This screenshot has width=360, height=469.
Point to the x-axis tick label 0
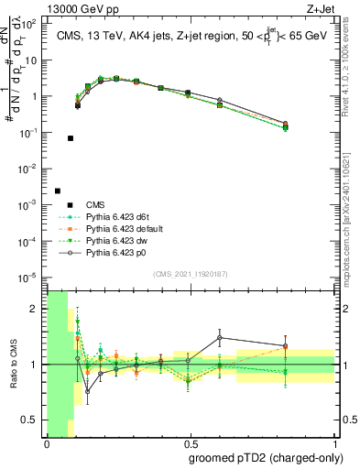(x=47, y=442)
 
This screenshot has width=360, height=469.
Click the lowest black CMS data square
(x=58, y=191)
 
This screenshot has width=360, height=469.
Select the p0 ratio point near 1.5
(x=220, y=338)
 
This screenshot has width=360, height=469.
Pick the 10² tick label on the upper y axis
(x=36, y=25)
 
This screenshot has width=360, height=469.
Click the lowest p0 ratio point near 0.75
(x=88, y=391)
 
